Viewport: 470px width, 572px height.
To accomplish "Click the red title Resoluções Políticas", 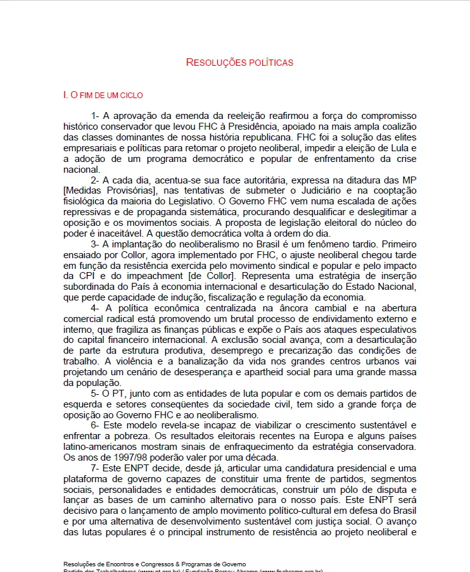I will pos(239,63).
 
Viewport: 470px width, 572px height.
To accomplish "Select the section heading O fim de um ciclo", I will pos(103,95).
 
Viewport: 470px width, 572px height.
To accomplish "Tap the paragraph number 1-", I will pos(96,116).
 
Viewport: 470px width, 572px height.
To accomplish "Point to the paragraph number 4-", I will pos(96,308).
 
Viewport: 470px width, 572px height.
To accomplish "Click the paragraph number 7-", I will pos(96,468).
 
